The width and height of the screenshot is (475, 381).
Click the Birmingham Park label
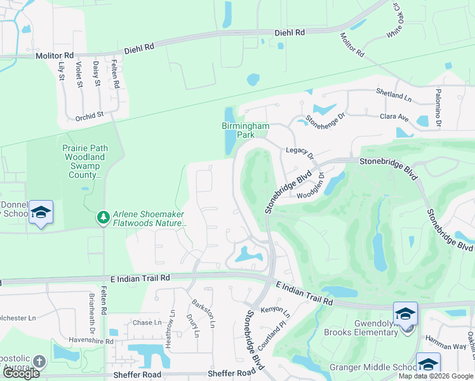[245, 130]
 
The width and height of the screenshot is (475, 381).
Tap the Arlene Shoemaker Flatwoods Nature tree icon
[103, 218]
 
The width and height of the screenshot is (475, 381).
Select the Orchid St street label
[89, 116]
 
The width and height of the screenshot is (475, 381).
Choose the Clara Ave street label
[394, 117]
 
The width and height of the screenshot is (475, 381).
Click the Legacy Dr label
[300, 152]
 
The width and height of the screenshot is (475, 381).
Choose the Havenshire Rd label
[92, 341]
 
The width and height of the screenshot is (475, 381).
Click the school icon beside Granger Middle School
[428, 364]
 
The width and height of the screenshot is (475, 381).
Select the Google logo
[21, 373]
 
